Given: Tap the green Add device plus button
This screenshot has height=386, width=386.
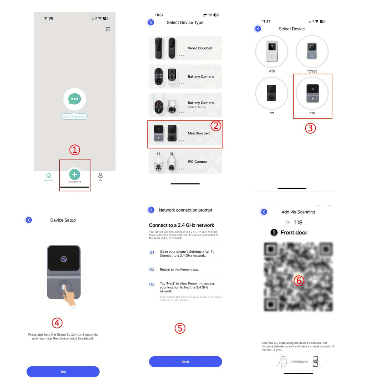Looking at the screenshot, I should pyautogui.click(x=74, y=174).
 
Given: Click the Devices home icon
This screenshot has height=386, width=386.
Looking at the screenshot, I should pyautogui.click(x=49, y=175).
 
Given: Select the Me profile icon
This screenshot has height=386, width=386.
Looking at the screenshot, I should pyautogui.click(x=100, y=175).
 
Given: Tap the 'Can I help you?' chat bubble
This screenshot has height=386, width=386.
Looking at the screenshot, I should pyautogui.click(x=74, y=117).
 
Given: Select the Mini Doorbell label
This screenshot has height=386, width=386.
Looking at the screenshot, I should pyautogui.click(x=199, y=133).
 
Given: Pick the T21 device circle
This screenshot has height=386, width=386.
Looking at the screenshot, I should pyautogui.click(x=272, y=93).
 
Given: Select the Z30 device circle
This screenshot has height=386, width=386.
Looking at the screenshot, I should pyautogui.click(x=312, y=93).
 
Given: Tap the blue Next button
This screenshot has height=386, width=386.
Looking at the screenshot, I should pyautogui.click(x=185, y=362).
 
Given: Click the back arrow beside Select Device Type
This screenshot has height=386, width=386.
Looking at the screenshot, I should pyautogui.click(x=151, y=22).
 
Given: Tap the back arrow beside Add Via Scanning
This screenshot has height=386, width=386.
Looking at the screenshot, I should pyautogui.click(x=264, y=212).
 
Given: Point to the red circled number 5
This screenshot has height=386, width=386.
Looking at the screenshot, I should pyautogui.click(x=180, y=328).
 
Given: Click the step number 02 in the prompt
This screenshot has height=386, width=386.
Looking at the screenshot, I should pyautogui.click(x=152, y=269).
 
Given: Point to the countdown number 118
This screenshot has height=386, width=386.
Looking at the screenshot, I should pyautogui.click(x=298, y=223).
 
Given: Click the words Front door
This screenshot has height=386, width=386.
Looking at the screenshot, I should pyautogui.click(x=294, y=233).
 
